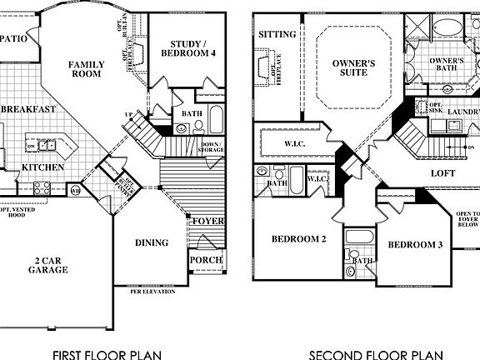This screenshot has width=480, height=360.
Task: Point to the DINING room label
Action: point(152,243)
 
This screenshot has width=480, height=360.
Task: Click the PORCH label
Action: point(206,260)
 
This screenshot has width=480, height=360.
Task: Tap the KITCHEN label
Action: point(38,167)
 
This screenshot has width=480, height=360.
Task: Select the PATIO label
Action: point(15,38)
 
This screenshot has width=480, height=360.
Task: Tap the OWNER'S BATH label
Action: point(446,66)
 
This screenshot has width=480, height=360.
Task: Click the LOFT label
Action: point(442,173)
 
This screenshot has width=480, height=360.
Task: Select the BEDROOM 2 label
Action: point(297,240)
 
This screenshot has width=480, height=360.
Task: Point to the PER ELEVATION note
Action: point(151,291)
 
